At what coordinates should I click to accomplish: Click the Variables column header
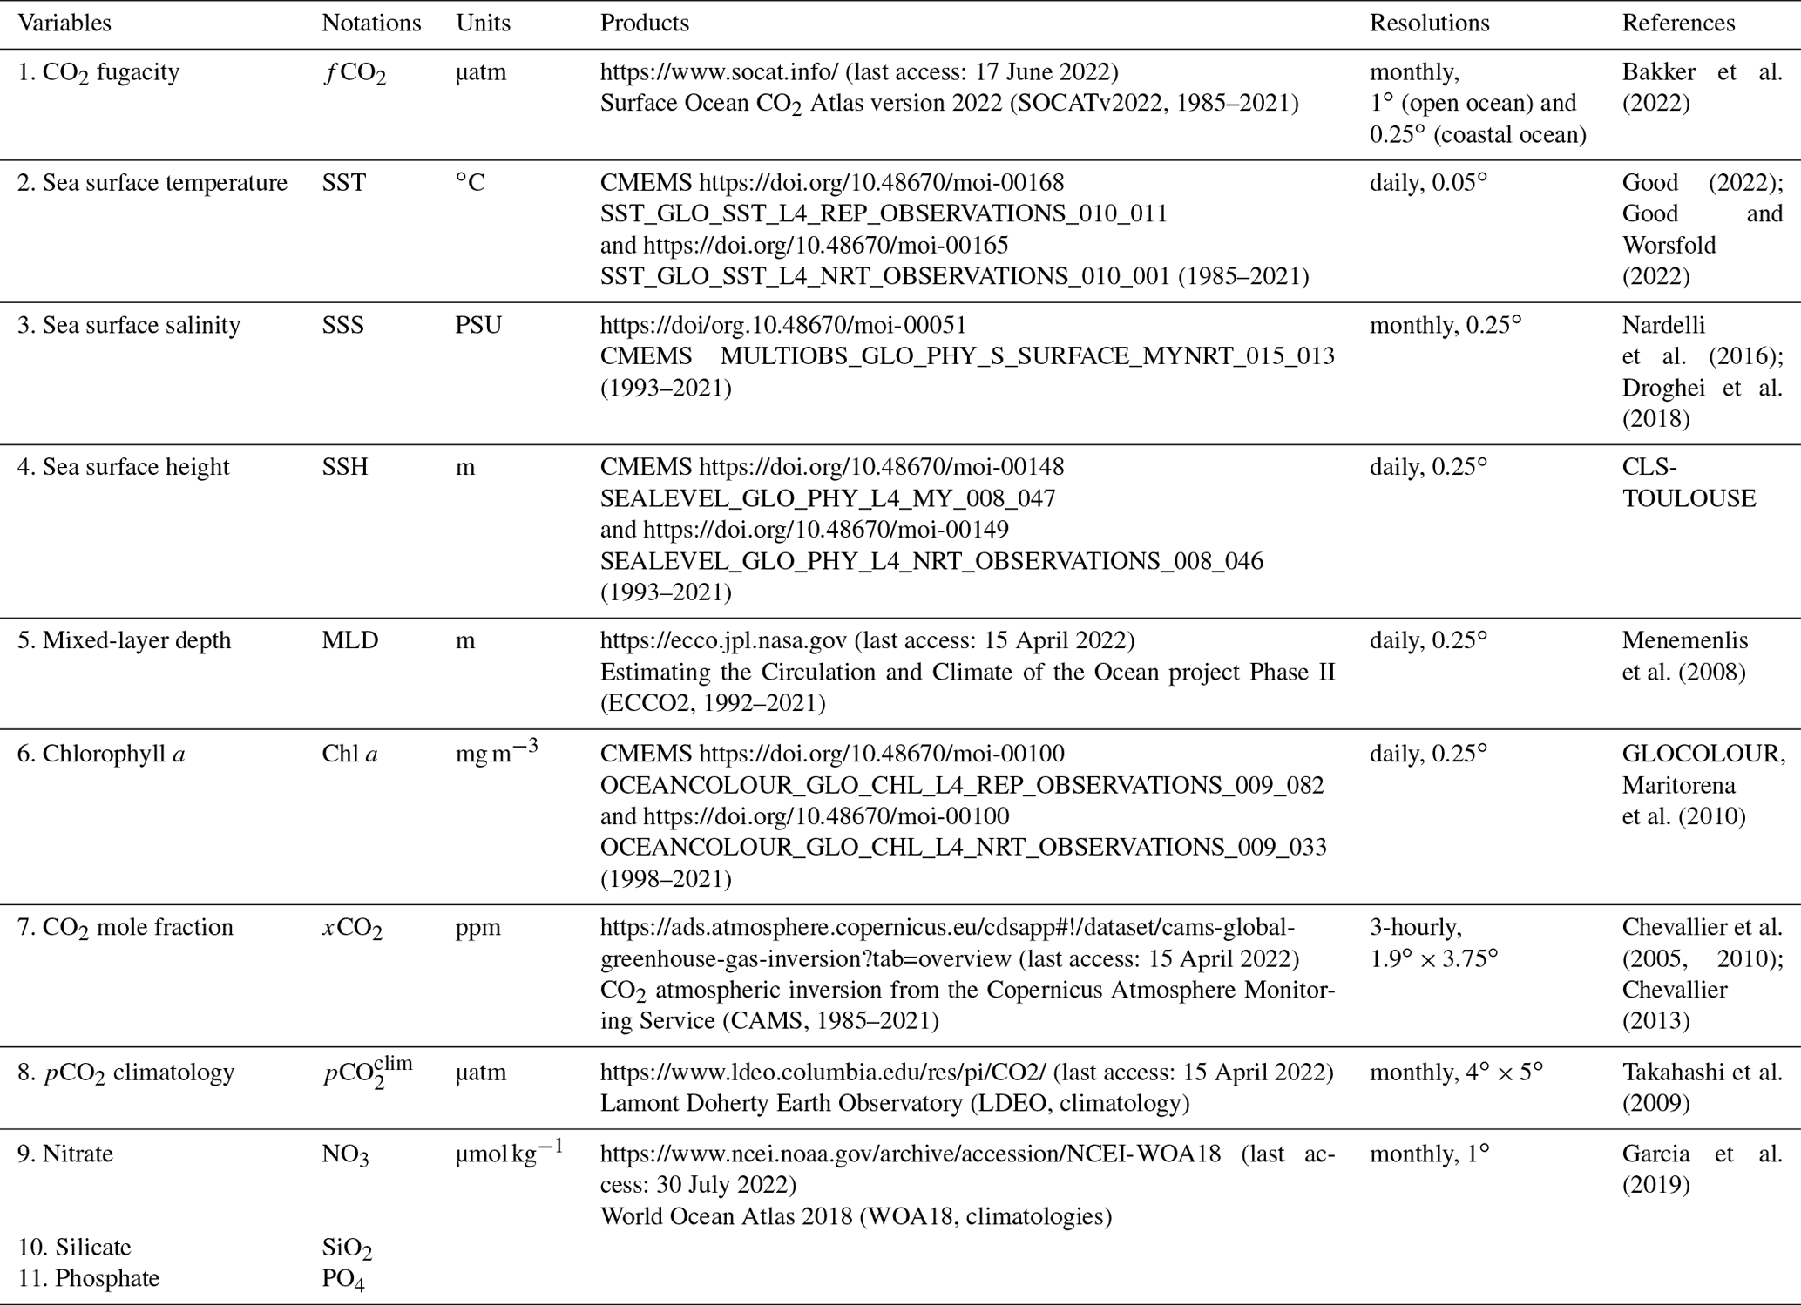click(64, 23)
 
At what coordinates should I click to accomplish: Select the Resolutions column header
click(1429, 23)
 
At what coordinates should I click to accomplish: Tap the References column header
click(1678, 23)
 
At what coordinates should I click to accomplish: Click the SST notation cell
click(344, 183)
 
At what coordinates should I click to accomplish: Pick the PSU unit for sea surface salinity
click(478, 325)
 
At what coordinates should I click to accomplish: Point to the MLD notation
click(350, 640)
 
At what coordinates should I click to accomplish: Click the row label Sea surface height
click(124, 467)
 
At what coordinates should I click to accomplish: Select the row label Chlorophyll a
click(101, 754)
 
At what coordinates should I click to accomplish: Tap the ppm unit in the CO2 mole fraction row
click(477, 927)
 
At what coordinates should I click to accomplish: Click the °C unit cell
click(471, 183)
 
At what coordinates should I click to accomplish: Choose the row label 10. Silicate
click(75, 1247)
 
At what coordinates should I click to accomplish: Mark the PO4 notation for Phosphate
click(343, 1279)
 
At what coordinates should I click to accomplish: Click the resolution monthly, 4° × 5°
click(1456, 1072)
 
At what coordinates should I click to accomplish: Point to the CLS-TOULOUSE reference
click(1688, 483)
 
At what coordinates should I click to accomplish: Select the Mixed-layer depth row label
click(125, 640)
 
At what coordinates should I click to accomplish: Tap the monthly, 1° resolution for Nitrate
click(1430, 1154)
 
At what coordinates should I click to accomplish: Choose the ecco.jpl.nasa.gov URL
click(723, 640)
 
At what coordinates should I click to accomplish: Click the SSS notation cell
click(343, 325)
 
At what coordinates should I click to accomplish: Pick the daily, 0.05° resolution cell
click(1429, 183)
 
